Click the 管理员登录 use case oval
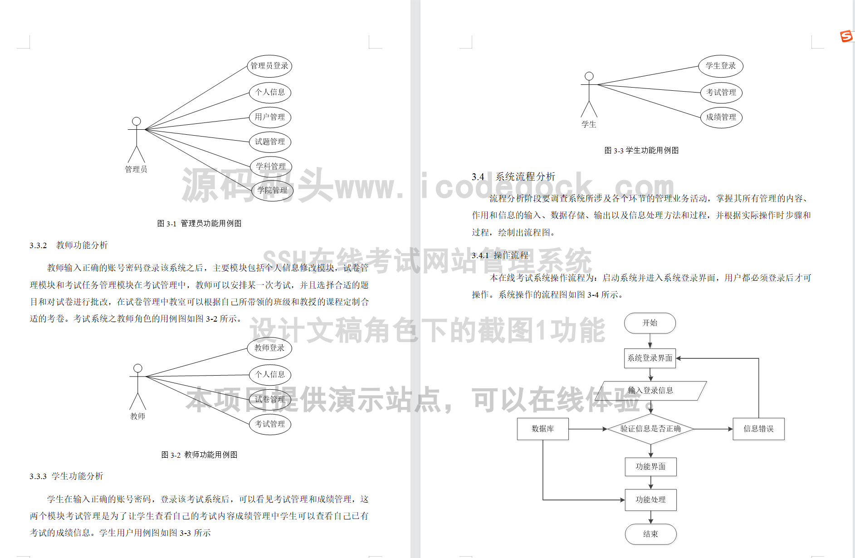(269, 66)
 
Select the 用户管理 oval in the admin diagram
(270, 117)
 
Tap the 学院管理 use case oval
(272, 191)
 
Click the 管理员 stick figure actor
(137, 141)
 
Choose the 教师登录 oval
(269, 348)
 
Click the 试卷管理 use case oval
(270, 399)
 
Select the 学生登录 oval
(721, 66)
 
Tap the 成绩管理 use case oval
(721, 117)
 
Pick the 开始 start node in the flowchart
(650, 323)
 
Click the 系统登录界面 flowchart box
(650, 358)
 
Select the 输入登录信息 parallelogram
(650, 390)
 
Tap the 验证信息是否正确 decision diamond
(650, 429)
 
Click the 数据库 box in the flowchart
(542, 429)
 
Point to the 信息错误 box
(758, 429)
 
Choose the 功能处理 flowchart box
(650, 499)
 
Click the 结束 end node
(650, 534)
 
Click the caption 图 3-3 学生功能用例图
(641, 150)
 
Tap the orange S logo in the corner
(846, 36)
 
